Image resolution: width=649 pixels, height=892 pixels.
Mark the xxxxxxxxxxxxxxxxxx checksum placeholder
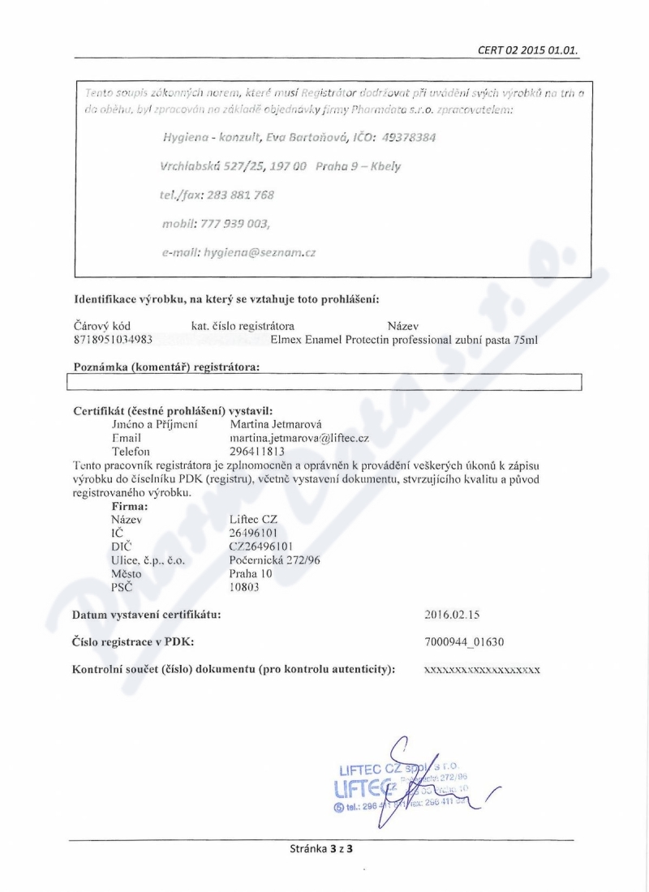[482, 671]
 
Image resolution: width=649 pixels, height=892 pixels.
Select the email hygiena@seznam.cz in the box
[239, 252]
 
